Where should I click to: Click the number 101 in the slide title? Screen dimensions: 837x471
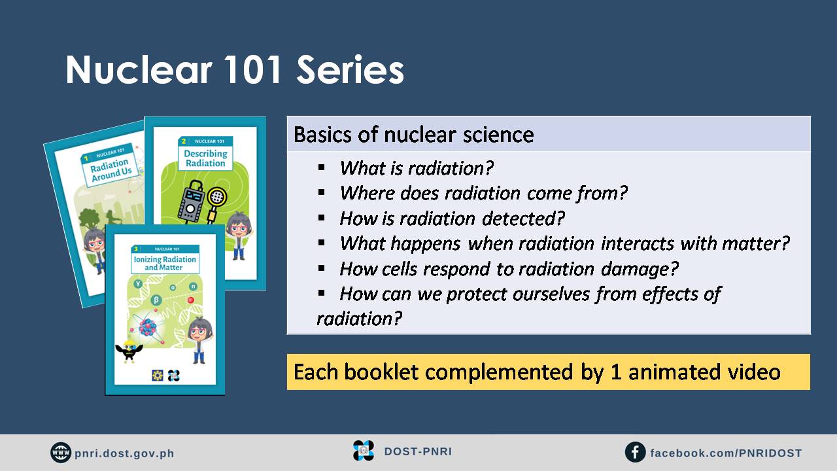coord(254,69)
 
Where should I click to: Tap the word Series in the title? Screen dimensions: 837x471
coord(350,69)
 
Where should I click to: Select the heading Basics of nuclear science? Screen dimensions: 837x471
coord(414,135)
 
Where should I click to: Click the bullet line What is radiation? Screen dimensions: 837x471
coord(417,168)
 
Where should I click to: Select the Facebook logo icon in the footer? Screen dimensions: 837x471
coord(635,452)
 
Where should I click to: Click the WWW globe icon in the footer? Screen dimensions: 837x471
coord(61,452)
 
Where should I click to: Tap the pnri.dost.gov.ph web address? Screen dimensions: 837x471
coord(124,453)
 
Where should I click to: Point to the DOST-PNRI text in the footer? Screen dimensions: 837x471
coord(418,451)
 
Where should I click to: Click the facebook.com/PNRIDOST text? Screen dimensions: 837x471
coord(726,453)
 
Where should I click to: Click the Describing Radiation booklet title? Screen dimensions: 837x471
coord(205,158)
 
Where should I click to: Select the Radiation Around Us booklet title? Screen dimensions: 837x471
coord(111,170)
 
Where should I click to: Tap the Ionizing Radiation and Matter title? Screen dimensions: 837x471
coord(165,263)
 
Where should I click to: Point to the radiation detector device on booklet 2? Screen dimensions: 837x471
coord(192,202)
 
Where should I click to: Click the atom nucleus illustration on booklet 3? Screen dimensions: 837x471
coord(148,327)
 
